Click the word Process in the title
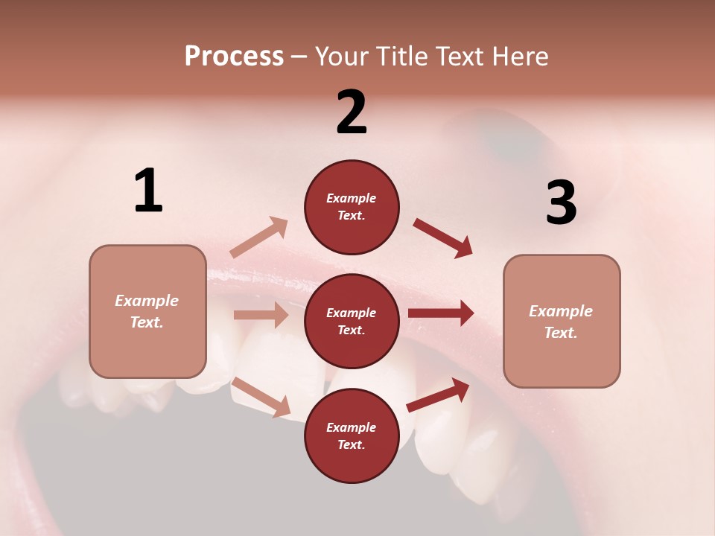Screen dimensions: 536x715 (x=234, y=56)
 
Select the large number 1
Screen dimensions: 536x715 (x=148, y=191)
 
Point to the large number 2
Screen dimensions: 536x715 (x=352, y=112)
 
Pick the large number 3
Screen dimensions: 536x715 (x=561, y=202)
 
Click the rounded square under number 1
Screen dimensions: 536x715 (x=147, y=311)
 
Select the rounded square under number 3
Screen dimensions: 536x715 (x=562, y=321)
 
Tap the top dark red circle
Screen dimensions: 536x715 (x=352, y=207)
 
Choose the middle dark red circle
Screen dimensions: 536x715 (x=352, y=321)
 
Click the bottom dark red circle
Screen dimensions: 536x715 (x=352, y=435)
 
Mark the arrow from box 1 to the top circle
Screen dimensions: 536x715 (x=259, y=237)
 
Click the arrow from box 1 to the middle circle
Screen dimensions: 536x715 (x=261, y=315)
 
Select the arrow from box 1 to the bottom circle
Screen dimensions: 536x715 (x=261, y=397)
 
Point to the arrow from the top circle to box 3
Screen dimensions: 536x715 (x=442, y=238)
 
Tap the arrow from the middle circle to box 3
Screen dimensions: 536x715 (x=441, y=313)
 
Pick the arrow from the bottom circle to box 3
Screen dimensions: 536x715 (x=438, y=395)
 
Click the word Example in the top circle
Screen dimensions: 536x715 (x=352, y=198)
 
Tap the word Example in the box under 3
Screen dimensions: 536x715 (x=561, y=311)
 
